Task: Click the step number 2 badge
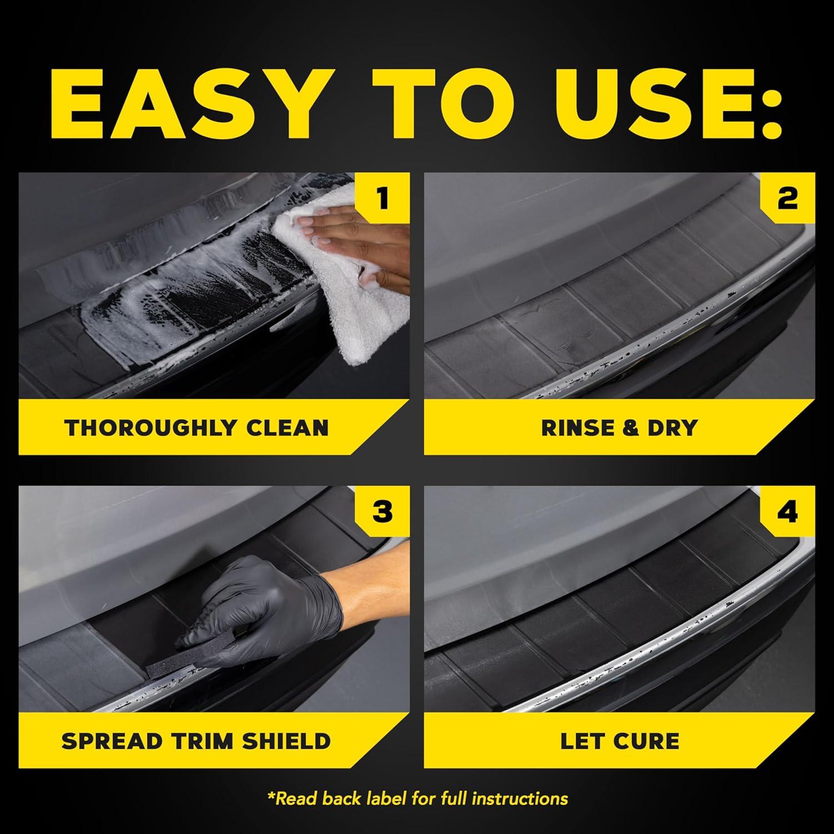pyautogui.click(x=787, y=199)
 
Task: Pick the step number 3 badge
pyautogui.click(x=382, y=512)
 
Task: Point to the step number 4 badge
pyautogui.click(x=787, y=512)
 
